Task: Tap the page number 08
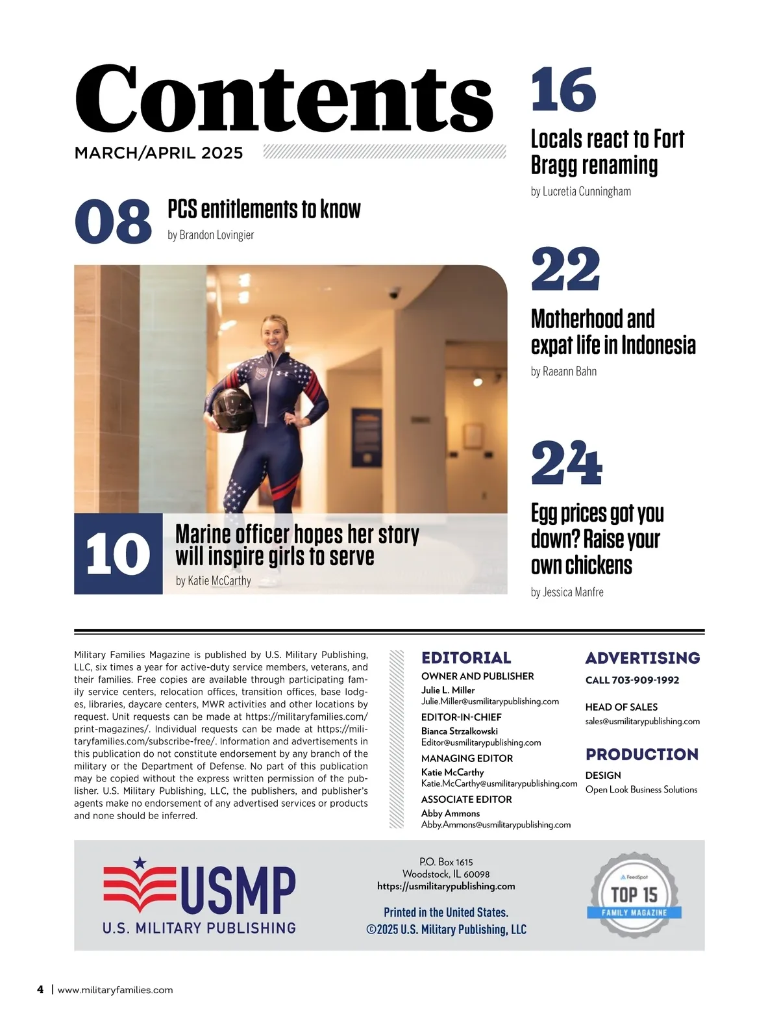[113, 222]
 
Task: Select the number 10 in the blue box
[117, 554]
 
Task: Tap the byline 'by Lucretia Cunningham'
[580, 192]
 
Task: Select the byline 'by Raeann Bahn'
[563, 372]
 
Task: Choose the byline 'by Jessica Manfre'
[567, 592]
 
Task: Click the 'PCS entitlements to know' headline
[264, 209]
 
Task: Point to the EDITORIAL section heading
[466, 657]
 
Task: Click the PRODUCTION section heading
[641, 754]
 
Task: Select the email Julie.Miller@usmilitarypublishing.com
[489, 702]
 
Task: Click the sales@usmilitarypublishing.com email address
[642, 721]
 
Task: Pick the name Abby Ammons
[451, 813]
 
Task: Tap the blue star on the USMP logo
[140, 863]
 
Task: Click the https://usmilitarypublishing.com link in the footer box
[446, 886]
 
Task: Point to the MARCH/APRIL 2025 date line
[158, 153]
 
